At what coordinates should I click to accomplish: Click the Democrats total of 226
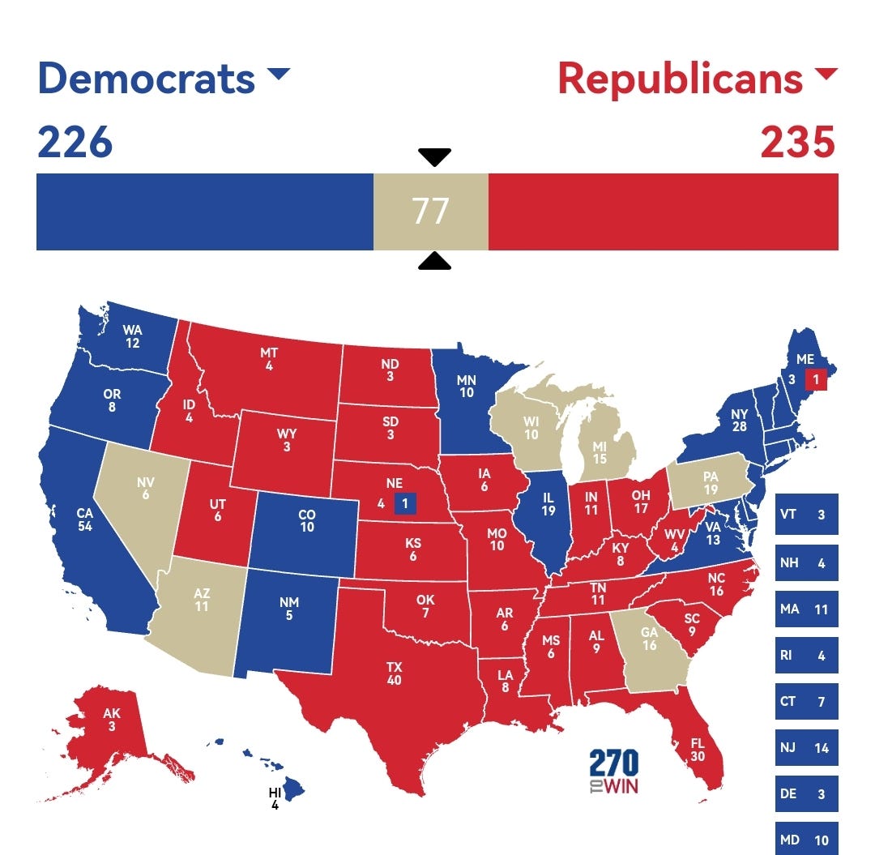click(x=75, y=143)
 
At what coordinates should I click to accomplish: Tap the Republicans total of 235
click(x=797, y=143)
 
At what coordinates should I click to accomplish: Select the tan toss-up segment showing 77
click(x=430, y=212)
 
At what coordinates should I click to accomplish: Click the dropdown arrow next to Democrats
click(x=278, y=75)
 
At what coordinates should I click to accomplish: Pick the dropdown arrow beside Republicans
click(x=826, y=75)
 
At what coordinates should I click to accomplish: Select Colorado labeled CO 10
click(x=306, y=521)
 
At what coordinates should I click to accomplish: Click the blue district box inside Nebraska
click(x=405, y=503)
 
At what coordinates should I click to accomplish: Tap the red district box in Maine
click(x=816, y=378)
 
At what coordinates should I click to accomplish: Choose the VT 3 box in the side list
click(x=806, y=515)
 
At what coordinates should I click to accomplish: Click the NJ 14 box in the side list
click(x=806, y=748)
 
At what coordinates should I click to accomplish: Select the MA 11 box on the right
click(x=806, y=609)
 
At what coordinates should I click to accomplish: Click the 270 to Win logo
click(x=614, y=772)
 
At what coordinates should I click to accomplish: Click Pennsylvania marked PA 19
click(x=711, y=484)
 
